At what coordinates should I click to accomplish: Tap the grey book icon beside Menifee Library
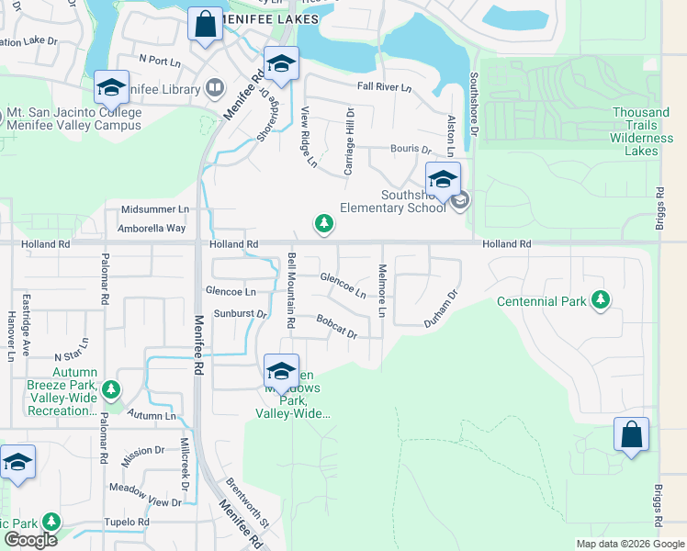pyautogui.click(x=214, y=88)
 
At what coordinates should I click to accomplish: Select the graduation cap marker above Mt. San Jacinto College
pyautogui.click(x=111, y=88)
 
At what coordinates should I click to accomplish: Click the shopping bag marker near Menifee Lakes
pyautogui.click(x=206, y=25)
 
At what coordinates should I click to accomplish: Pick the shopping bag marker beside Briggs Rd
pyautogui.click(x=631, y=434)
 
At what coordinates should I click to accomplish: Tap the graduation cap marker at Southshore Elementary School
pyautogui.click(x=443, y=179)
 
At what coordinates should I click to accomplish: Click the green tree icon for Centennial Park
pyautogui.click(x=601, y=300)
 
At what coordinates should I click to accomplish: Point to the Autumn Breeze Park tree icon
pyautogui.click(x=110, y=390)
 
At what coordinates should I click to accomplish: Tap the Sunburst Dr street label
pyautogui.click(x=240, y=314)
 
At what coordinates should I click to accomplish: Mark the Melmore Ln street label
pyautogui.click(x=382, y=292)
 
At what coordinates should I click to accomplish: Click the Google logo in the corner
pyautogui.click(x=29, y=540)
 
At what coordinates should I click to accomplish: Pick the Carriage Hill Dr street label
pyautogui.click(x=349, y=141)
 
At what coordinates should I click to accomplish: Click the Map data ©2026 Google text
pyautogui.click(x=629, y=544)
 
